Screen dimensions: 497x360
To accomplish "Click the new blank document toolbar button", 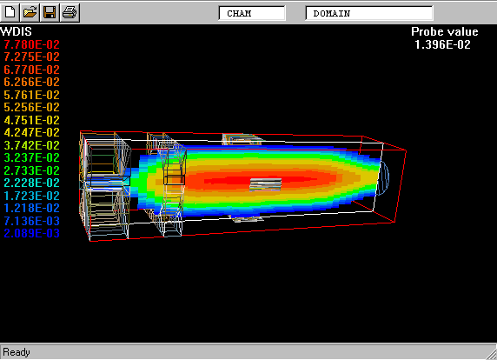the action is (10, 12).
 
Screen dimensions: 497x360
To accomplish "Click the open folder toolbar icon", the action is (30, 12).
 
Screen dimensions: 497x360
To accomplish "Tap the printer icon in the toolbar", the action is (70, 12).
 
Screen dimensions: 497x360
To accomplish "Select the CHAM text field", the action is (252, 13).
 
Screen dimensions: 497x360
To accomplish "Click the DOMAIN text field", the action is (369, 13).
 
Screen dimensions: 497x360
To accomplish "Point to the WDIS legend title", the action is (17, 31).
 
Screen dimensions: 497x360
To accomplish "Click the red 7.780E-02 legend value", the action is (31, 44).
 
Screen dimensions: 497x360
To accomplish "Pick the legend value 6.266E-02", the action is (31, 82).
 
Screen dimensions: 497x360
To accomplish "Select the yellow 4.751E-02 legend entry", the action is (31, 120).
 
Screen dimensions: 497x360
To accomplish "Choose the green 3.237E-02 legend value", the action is (31, 157).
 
